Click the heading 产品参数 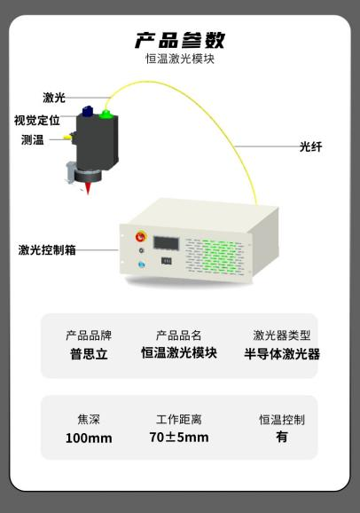point(180,40)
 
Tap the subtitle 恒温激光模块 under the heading point(180,59)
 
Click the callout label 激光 point(54,98)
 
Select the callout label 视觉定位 point(37,120)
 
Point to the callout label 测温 point(33,139)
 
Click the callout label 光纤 point(311,146)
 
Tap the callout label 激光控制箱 point(47,250)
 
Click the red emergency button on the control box point(141,237)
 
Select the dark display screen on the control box point(166,243)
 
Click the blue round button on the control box point(142,264)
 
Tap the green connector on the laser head point(106,114)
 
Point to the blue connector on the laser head point(87,111)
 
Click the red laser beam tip point(88,193)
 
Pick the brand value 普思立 point(89,354)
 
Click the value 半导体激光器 point(282,354)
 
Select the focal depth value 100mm point(89,438)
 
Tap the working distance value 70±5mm point(179,437)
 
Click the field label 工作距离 point(179,420)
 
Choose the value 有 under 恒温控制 point(282,437)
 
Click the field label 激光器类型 point(282,335)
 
